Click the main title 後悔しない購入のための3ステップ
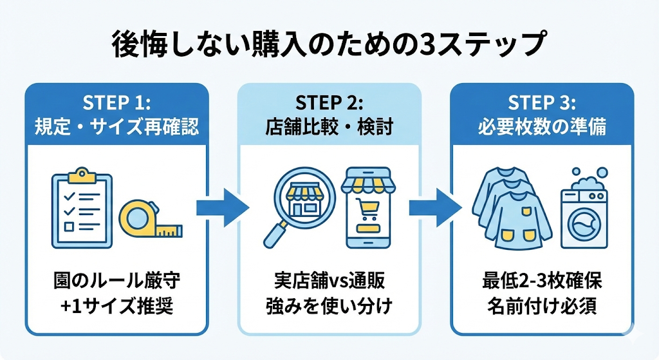(x=329, y=46)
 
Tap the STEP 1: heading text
(x=116, y=103)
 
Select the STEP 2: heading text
(x=329, y=103)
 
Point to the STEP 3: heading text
(x=541, y=103)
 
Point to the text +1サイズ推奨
(x=116, y=306)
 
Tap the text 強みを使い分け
(x=329, y=306)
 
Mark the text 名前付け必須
(x=541, y=306)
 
